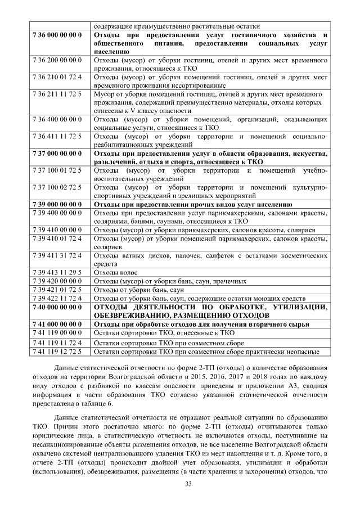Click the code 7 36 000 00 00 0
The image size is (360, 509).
click(x=58, y=36)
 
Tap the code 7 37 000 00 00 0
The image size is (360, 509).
click(x=58, y=153)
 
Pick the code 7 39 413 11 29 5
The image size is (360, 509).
click(x=58, y=273)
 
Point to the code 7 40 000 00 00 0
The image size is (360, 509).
click(x=58, y=307)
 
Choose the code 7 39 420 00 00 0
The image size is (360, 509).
click(x=58, y=281)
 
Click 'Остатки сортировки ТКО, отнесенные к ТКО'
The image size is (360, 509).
click(x=163, y=332)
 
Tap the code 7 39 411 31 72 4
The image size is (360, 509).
click(x=58, y=255)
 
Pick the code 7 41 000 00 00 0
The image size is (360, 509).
click(x=58, y=324)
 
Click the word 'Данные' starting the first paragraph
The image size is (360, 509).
click(x=69, y=367)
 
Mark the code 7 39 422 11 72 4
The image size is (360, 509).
click(x=58, y=298)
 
